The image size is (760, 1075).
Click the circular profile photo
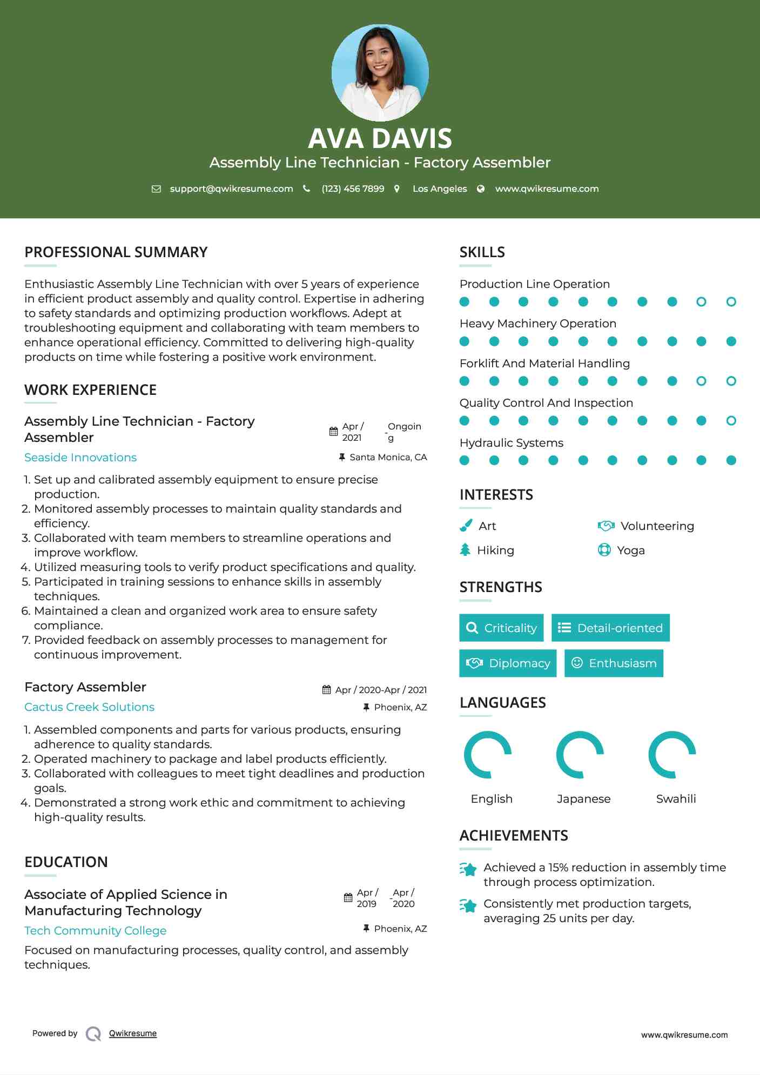point(380,72)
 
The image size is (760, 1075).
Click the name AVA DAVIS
point(380,138)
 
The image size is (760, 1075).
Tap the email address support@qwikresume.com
point(231,189)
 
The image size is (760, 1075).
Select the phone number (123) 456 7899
point(353,189)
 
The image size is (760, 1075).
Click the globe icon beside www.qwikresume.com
point(481,189)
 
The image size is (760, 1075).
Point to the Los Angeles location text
point(440,189)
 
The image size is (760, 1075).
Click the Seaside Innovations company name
point(80,458)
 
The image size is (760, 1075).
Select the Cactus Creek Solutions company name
point(89,707)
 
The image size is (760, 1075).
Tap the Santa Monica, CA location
point(388,458)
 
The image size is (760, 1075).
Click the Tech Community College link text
point(95,931)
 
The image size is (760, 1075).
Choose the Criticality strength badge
point(501,628)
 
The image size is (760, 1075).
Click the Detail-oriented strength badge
point(610,628)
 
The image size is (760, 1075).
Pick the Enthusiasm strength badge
point(614,663)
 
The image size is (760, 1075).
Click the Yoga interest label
point(631,550)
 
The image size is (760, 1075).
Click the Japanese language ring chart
point(580,755)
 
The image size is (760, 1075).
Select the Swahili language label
point(676,799)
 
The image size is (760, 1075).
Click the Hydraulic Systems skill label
point(511,443)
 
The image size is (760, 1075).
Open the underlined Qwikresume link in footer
point(133,1033)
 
